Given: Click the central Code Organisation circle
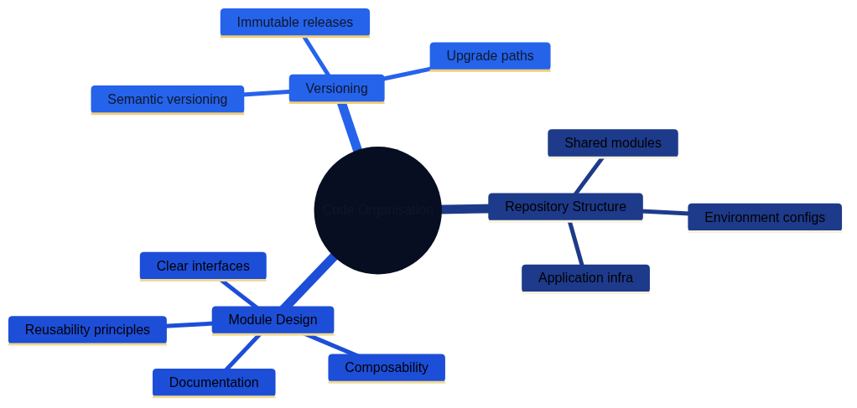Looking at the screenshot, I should [x=377, y=210].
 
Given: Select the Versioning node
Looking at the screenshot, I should [x=336, y=88].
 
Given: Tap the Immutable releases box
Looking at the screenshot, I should [x=294, y=23].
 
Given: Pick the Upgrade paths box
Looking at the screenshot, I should [x=490, y=56].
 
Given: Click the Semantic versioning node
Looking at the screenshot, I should [x=167, y=100].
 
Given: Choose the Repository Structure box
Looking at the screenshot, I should [x=565, y=207].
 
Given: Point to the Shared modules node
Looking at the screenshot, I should [x=612, y=143].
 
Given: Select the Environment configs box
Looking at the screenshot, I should [x=764, y=218].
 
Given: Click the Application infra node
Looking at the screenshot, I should [x=585, y=278].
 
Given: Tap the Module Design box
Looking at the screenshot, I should [x=273, y=320].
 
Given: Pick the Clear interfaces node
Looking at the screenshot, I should [x=203, y=266].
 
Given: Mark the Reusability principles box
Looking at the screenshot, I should [x=87, y=330].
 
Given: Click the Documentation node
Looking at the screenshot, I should [x=214, y=383].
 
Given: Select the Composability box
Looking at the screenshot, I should [x=386, y=368].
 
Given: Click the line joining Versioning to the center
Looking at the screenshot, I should [x=349, y=126].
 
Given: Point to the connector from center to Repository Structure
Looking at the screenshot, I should [x=465, y=209].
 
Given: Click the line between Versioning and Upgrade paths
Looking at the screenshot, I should [x=407, y=74].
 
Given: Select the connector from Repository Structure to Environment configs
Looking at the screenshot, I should [x=665, y=212].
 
